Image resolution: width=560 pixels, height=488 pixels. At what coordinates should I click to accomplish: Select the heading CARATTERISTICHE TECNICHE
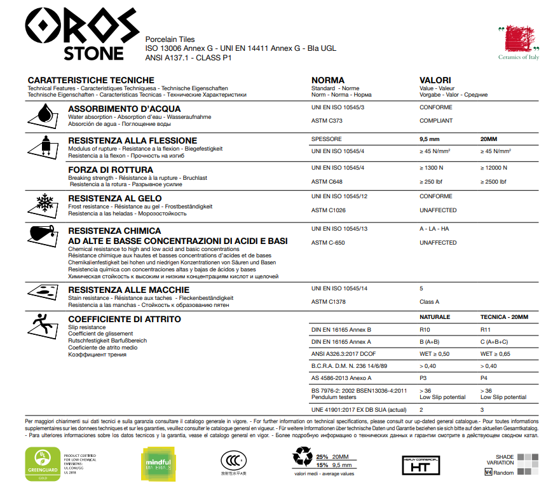91,80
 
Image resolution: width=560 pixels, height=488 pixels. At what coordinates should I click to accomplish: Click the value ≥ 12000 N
494,168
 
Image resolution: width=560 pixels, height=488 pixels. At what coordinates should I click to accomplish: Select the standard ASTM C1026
328,210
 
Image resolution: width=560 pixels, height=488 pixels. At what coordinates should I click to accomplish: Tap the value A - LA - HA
434,228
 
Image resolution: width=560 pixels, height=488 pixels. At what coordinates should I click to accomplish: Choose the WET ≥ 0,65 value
496,354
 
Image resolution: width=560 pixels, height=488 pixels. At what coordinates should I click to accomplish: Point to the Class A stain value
429,302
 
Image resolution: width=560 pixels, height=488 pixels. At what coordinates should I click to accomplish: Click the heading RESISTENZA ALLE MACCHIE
123,290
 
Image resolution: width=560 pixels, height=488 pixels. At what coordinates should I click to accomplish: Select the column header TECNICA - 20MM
504,316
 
